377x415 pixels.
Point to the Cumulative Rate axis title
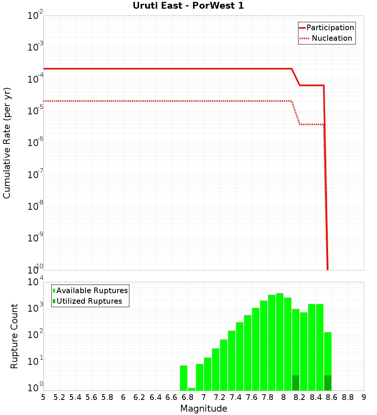[7, 143]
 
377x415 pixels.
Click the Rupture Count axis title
[14, 336]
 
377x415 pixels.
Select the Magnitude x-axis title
[204, 409]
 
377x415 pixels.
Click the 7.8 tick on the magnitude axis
[268, 397]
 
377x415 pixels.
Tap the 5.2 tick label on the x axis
[60, 397]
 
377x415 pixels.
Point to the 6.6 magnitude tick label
[172, 397]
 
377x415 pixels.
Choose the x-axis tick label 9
[363, 397]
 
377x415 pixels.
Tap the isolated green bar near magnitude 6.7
[184, 378]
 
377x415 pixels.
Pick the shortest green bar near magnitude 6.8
[192, 389]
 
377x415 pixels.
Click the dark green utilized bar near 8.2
[296, 383]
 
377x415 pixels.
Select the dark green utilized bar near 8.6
[328, 383]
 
